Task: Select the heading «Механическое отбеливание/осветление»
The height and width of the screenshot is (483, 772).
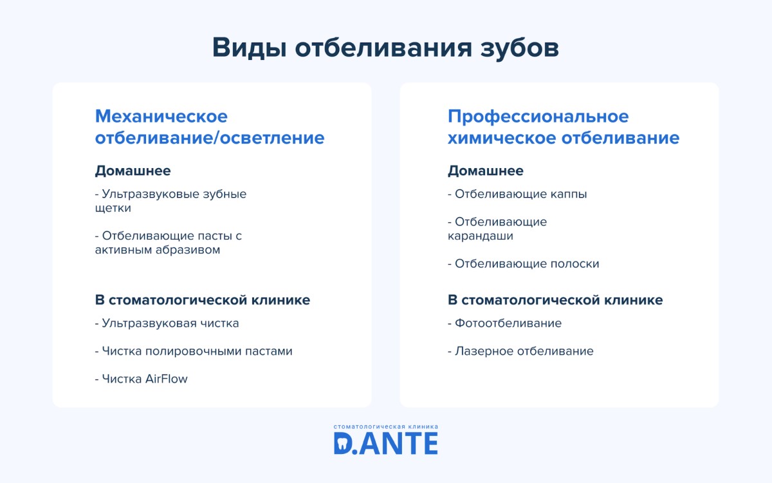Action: coord(210,128)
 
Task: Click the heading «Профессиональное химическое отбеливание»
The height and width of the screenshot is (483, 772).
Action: coord(564,128)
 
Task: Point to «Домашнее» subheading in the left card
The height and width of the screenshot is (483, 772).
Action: coord(133,171)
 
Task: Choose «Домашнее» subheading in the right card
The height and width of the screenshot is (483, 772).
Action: coord(486,171)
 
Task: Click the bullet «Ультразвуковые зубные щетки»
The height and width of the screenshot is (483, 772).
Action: coord(170,201)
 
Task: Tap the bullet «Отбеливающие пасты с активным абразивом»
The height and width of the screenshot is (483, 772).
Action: coord(169,243)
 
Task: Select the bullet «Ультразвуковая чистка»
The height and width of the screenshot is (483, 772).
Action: coord(167,323)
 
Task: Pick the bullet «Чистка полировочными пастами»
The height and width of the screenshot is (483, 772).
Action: coord(194,352)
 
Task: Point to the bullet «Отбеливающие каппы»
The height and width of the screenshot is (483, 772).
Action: coord(517,194)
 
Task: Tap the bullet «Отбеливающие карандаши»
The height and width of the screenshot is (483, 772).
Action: coord(497,229)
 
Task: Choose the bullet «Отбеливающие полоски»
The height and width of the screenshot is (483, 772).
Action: coord(524,264)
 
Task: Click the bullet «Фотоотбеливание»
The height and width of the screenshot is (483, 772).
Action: coord(505,323)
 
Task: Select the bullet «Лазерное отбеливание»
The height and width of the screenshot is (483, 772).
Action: coord(521,352)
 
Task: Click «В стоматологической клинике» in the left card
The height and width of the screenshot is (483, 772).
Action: coord(203,300)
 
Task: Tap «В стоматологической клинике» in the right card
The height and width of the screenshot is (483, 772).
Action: coord(555,300)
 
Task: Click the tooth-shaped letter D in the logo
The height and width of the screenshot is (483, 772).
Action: coord(344,443)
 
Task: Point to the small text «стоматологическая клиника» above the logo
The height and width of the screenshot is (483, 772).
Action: coord(386,426)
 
